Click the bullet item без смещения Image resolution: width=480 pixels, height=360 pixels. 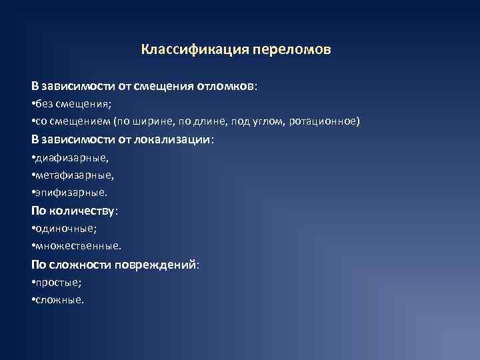click(x=74, y=105)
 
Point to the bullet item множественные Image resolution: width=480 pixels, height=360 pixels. click(x=78, y=246)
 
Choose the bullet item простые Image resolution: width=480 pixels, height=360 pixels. click(x=59, y=282)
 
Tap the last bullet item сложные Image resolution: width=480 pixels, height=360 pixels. click(x=60, y=299)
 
